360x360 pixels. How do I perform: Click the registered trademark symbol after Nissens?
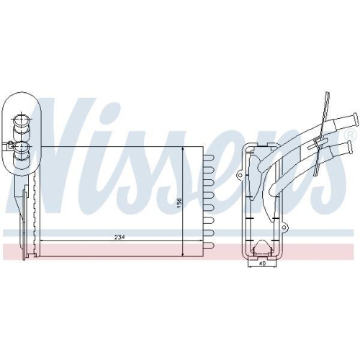351,135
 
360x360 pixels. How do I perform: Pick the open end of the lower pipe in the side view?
351,147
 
